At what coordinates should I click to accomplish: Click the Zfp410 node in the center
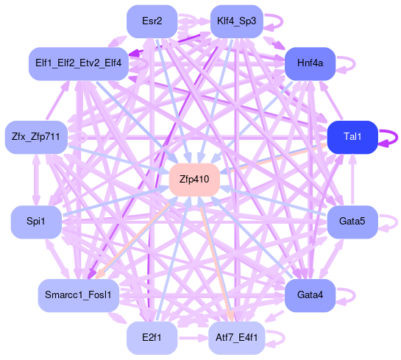[194, 180]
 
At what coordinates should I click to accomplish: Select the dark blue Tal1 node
[352, 137]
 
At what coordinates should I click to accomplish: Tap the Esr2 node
[152, 21]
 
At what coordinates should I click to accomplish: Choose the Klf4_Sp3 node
[237, 21]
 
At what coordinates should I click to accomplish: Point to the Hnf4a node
[310, 63]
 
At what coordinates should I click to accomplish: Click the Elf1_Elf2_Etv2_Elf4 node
[79, 63]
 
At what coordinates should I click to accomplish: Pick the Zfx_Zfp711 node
[36, 137]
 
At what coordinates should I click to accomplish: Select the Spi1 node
[36, 222]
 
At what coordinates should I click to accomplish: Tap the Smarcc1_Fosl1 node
[79, 295]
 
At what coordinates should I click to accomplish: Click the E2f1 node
[152, 338]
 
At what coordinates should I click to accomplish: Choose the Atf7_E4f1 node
[237, 338]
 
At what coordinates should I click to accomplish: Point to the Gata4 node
[310, 295]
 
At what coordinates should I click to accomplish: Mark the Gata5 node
[352, 222]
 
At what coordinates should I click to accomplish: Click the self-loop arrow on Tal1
[397, 138]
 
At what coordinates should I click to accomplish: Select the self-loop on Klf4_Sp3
[282, 21]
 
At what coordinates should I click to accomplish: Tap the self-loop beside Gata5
[397, 222]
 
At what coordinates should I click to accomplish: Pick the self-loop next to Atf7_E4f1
[284, 338]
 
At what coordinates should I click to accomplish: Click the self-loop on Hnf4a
[355, 64]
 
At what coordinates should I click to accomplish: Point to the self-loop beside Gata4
[355, 295]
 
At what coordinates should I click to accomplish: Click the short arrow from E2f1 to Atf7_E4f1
[193, 338]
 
